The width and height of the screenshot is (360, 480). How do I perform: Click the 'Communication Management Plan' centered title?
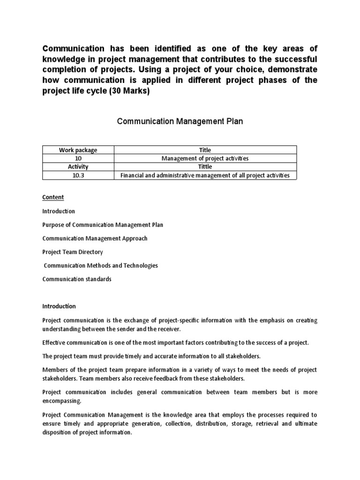180,121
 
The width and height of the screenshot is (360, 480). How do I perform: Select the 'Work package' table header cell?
78,150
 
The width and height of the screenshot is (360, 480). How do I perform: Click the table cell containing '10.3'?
78,175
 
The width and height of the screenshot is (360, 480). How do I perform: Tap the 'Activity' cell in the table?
78,167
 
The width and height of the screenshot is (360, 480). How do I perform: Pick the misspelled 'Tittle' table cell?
205,167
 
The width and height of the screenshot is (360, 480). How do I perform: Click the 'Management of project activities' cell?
205,158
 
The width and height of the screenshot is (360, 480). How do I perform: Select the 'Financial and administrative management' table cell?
205,175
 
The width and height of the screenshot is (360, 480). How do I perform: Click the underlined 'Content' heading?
53,197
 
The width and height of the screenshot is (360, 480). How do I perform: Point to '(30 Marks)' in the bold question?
129,91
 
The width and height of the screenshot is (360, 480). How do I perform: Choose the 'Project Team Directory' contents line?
73,252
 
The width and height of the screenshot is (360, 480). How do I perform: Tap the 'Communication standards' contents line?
77,279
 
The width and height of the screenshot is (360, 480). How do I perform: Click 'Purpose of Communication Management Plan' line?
103,225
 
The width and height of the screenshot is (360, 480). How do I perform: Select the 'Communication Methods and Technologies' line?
100,265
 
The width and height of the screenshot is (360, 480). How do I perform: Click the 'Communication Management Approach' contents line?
95,238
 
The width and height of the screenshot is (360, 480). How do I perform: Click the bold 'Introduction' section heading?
59,306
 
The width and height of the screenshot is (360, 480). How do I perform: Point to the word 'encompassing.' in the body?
61,401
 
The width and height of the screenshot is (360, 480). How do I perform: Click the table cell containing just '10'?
78,158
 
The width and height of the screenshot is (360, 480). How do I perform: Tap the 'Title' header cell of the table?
205,150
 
